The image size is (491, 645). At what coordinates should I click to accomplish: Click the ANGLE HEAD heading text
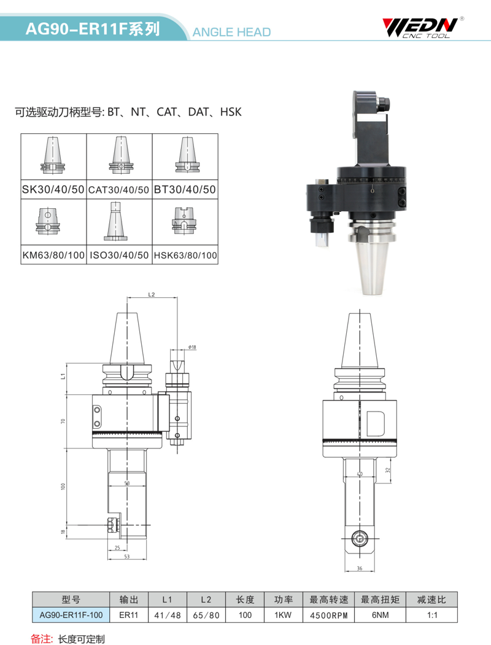[x=231, y=32]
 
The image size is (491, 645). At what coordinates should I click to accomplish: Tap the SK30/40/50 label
[x=53, y=189]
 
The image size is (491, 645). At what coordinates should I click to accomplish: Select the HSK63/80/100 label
[x=185, y=256]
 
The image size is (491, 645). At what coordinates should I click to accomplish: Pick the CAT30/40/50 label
[x=118, y=190]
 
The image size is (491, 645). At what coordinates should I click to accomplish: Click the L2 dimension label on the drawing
[x=152, y=294]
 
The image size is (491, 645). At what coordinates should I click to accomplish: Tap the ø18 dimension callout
[x=192, y=347]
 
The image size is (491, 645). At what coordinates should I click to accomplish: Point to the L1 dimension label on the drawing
[x=63, y=376]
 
